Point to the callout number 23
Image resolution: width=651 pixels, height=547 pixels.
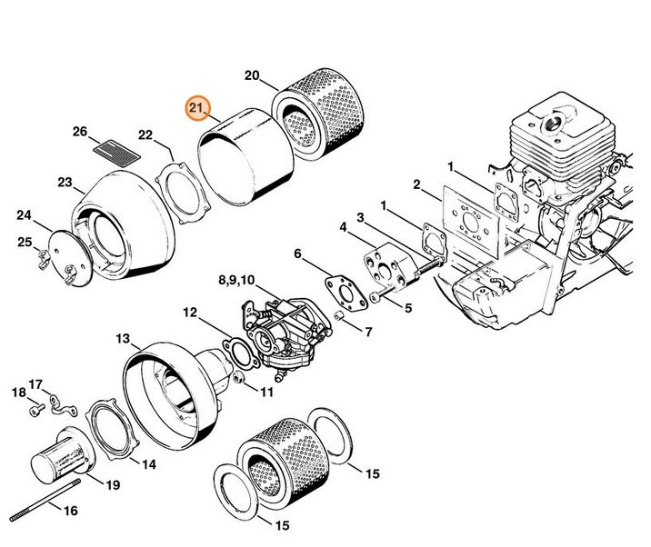[x=64, y=183]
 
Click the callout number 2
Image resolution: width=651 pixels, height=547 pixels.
[x=416, y=184]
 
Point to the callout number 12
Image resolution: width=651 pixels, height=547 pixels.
[x=188, y=313]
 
